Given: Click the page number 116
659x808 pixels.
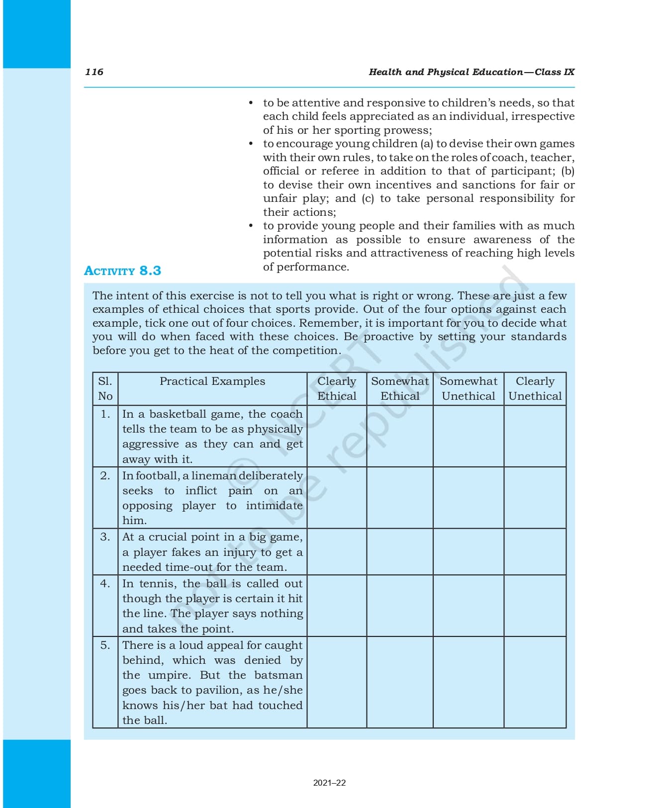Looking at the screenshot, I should click(x=94, y=72).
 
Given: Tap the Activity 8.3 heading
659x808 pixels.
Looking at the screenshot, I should click(x=122, y=271).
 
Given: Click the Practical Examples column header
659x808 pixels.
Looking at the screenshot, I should click(x=212, y=381).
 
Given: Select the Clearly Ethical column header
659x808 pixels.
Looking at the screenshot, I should click(x=337, y=389).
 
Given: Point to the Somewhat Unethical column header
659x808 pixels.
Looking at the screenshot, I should click(x=468, y=389).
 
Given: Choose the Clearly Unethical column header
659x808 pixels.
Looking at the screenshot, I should click(x=535, y=389).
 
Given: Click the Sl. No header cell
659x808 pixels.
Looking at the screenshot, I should click(x=105, y=389).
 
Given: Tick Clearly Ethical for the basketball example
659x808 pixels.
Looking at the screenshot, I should click(x=337, y=436).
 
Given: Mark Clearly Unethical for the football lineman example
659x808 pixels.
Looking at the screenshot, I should click(x=535, y=498).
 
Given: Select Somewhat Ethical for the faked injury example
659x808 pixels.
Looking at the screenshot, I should click(x=400, y=552).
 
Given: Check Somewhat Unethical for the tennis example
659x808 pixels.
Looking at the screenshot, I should click(x=468, y=606).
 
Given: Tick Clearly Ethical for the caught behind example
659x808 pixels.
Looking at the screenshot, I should click(x=337, y=683).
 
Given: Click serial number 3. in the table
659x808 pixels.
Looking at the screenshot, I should click(x=105, y=537).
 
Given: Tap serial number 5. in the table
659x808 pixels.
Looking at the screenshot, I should click(x=105, y=645).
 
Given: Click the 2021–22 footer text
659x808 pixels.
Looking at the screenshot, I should click(x=329, y=783).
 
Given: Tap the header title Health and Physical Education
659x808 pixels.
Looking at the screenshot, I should click(x=446, y=72).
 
